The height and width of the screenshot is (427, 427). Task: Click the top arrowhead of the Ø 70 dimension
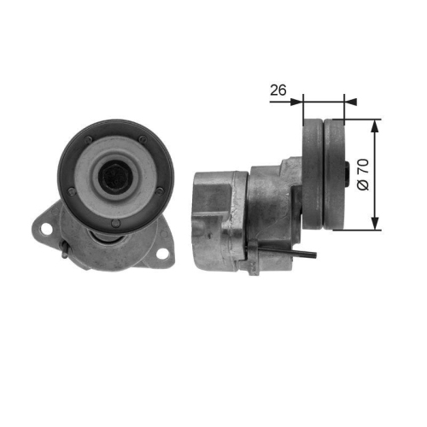tap(374, 125)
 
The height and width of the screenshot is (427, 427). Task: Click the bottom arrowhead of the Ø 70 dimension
tap(374, 225)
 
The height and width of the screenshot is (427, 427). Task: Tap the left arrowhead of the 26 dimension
tap(298, 101)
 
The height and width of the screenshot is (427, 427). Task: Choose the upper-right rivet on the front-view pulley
tap(141, 138)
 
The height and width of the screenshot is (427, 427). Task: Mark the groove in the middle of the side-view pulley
tap(325, 176)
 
